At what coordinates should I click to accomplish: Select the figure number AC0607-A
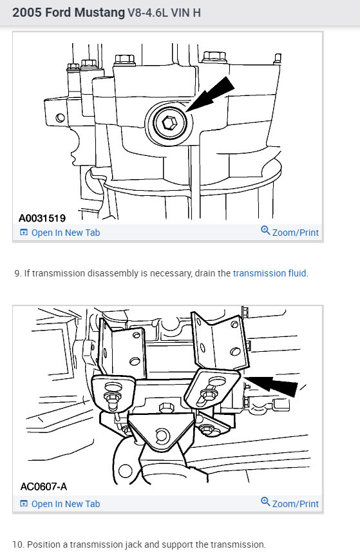click(x=43, y=486)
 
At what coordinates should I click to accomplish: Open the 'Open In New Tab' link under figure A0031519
click(x=65, y=233)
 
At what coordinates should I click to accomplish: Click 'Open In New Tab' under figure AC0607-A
click(x=65, y=504)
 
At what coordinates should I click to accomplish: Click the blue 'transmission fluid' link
click(x=270, y=273)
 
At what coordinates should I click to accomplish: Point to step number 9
click(x=17, y=273)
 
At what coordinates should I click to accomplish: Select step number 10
click(x=19, y=544)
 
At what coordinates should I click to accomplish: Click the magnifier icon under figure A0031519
click(x=265, y=231)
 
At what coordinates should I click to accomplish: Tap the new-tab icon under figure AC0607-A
click(x=24, y=504)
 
